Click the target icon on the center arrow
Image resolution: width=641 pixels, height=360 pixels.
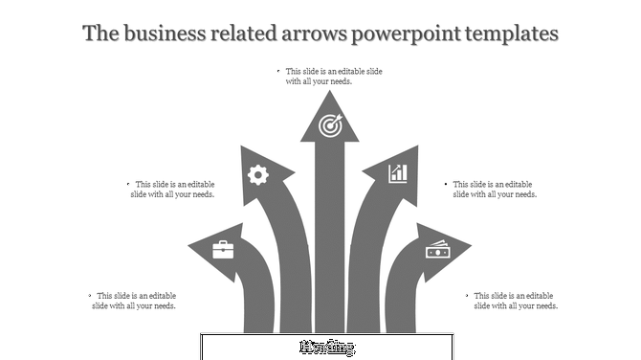(330, 124)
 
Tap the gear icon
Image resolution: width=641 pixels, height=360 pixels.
(257, 174)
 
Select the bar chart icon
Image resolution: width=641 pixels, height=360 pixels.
(398, 173)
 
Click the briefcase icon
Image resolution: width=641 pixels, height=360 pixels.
(222, 249)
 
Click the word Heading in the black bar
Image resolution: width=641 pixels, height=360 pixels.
(327, 347)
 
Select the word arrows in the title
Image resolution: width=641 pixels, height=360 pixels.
(311, 34)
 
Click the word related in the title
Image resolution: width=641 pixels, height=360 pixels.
(238, 34)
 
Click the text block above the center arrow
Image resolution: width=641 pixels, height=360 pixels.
(331, 77)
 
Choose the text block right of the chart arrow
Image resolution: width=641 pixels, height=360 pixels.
(494, 190)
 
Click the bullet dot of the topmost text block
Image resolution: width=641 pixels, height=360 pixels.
(277, 72)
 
